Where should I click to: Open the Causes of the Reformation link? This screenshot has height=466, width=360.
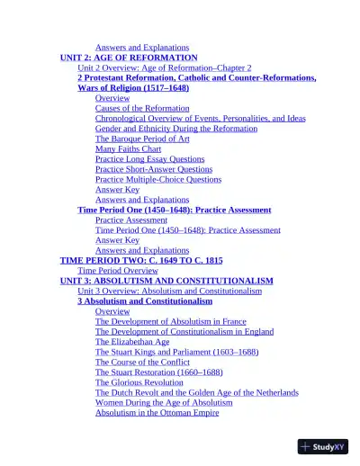click(x=142, y=108)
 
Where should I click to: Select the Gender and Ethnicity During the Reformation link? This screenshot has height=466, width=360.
click(x=176, y=129)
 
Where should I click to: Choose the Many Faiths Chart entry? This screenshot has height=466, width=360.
click(x=134, y=148)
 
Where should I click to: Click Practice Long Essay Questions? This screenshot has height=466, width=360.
click(x=149, y=159)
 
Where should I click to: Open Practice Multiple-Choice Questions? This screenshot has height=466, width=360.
click(x=158, y=179)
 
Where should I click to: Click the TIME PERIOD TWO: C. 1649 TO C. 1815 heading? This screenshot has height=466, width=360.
click(x=141, y=260)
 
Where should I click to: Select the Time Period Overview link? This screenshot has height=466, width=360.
click(x=118, y=270)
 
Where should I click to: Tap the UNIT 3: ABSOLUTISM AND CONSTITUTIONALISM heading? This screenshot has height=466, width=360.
click(x=166, y=281)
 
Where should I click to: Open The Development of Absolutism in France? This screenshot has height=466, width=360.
click(x=171, y=321)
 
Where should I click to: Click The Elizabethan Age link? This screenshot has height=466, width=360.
click(x=132, y=342)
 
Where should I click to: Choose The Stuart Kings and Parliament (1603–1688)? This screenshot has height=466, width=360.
click(x=176, y=352)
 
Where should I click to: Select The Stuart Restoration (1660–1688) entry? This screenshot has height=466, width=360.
click(x=159, y=372)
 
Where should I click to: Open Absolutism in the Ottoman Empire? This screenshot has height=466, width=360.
click(x=157, y=413)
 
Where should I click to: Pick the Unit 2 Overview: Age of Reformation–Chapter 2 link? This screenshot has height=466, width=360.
click(x=165, y=67)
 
